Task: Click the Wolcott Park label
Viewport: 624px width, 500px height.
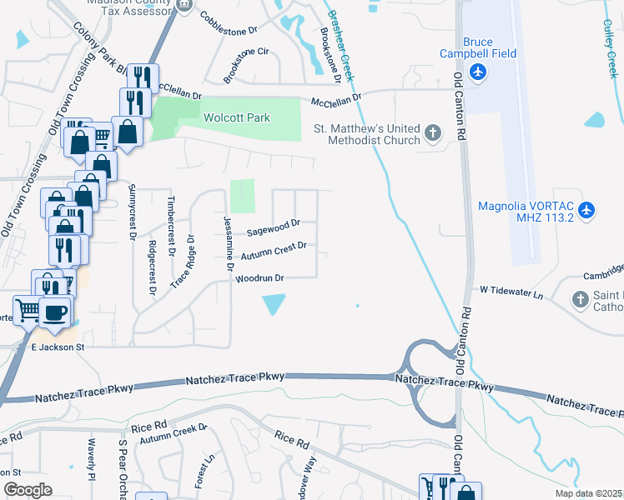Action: click(x=236, y=117)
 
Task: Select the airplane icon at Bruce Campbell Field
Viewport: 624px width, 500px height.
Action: click(x=478, y=72)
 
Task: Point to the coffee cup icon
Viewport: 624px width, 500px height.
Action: click(x=56, y=312)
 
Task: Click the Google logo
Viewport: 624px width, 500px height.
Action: click(x=28, y=490)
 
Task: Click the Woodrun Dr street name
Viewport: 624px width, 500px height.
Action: click(x=260, y=278)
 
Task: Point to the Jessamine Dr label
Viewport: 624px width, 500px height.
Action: click(x=226, y=242)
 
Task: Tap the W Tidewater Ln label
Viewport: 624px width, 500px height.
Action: click(x=511, y=292)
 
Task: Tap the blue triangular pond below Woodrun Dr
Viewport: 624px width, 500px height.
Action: click(x=273, y=305)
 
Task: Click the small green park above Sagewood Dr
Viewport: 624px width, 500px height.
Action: click(x=242, y=196)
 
